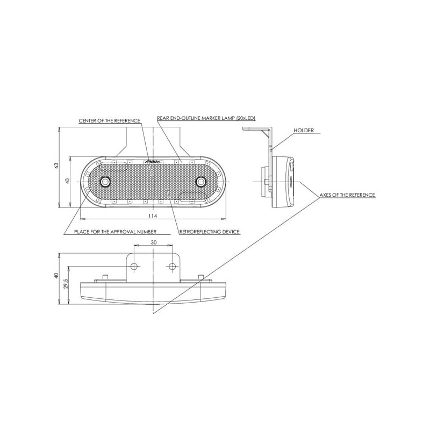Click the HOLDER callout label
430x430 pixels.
(304, 130)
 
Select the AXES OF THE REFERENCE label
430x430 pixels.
(347, 195)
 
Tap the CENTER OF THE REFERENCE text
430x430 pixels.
(110, 121)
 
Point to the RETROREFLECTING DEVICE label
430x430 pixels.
(210, 232)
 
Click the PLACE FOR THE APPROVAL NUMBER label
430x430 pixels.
(115, 232)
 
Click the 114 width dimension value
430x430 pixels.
(153, 216)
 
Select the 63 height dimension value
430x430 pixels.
(56, 166)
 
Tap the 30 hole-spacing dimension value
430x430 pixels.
(154, 242)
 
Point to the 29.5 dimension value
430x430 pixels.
(66, 284)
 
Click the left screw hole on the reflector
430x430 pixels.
(105, 182)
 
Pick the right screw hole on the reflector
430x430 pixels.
(201, 182)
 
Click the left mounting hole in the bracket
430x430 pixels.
(134, 266)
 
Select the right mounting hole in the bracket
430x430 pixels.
(172, 266)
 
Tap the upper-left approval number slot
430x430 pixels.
(114, 167)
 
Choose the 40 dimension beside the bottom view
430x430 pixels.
(56, 276)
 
